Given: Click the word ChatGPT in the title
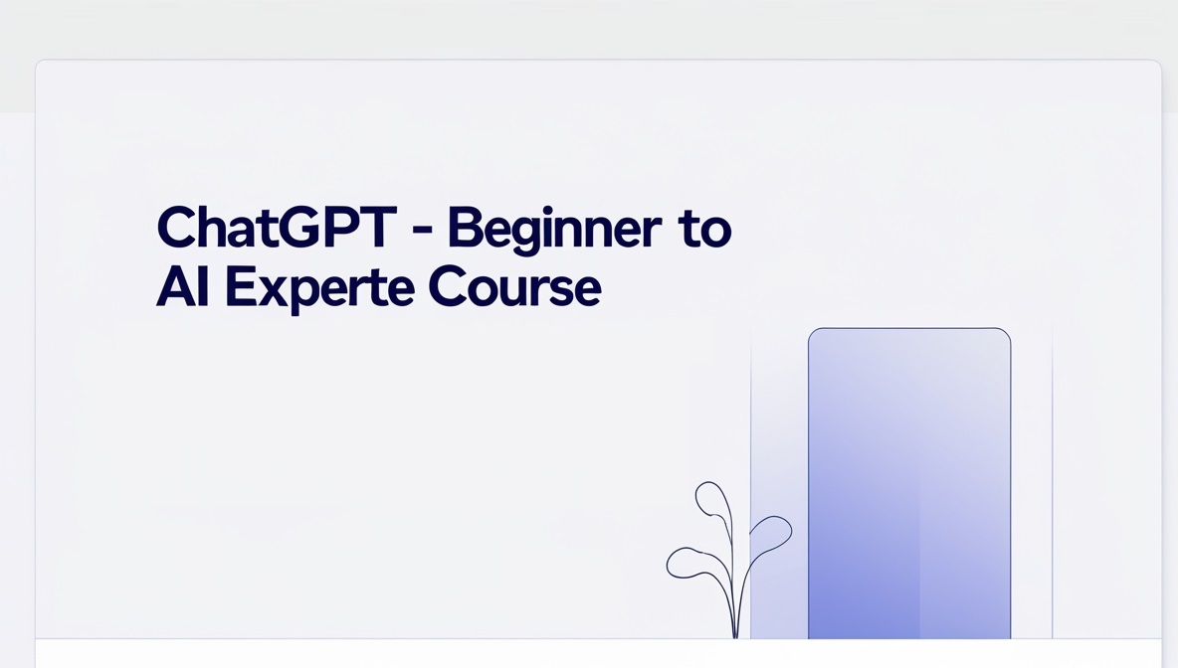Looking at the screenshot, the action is [277, 228].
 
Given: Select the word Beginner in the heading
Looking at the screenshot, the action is [554, 229].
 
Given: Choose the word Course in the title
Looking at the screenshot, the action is [514, 286].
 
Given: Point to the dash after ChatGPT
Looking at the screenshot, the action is [423, 229].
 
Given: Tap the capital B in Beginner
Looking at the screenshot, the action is [465, 228].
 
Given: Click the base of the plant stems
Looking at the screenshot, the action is [735, 635].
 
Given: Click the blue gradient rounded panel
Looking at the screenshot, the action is [909, 483].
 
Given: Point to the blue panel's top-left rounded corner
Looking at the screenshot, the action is [812, 331].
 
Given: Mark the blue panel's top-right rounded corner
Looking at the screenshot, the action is [1008, 331].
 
